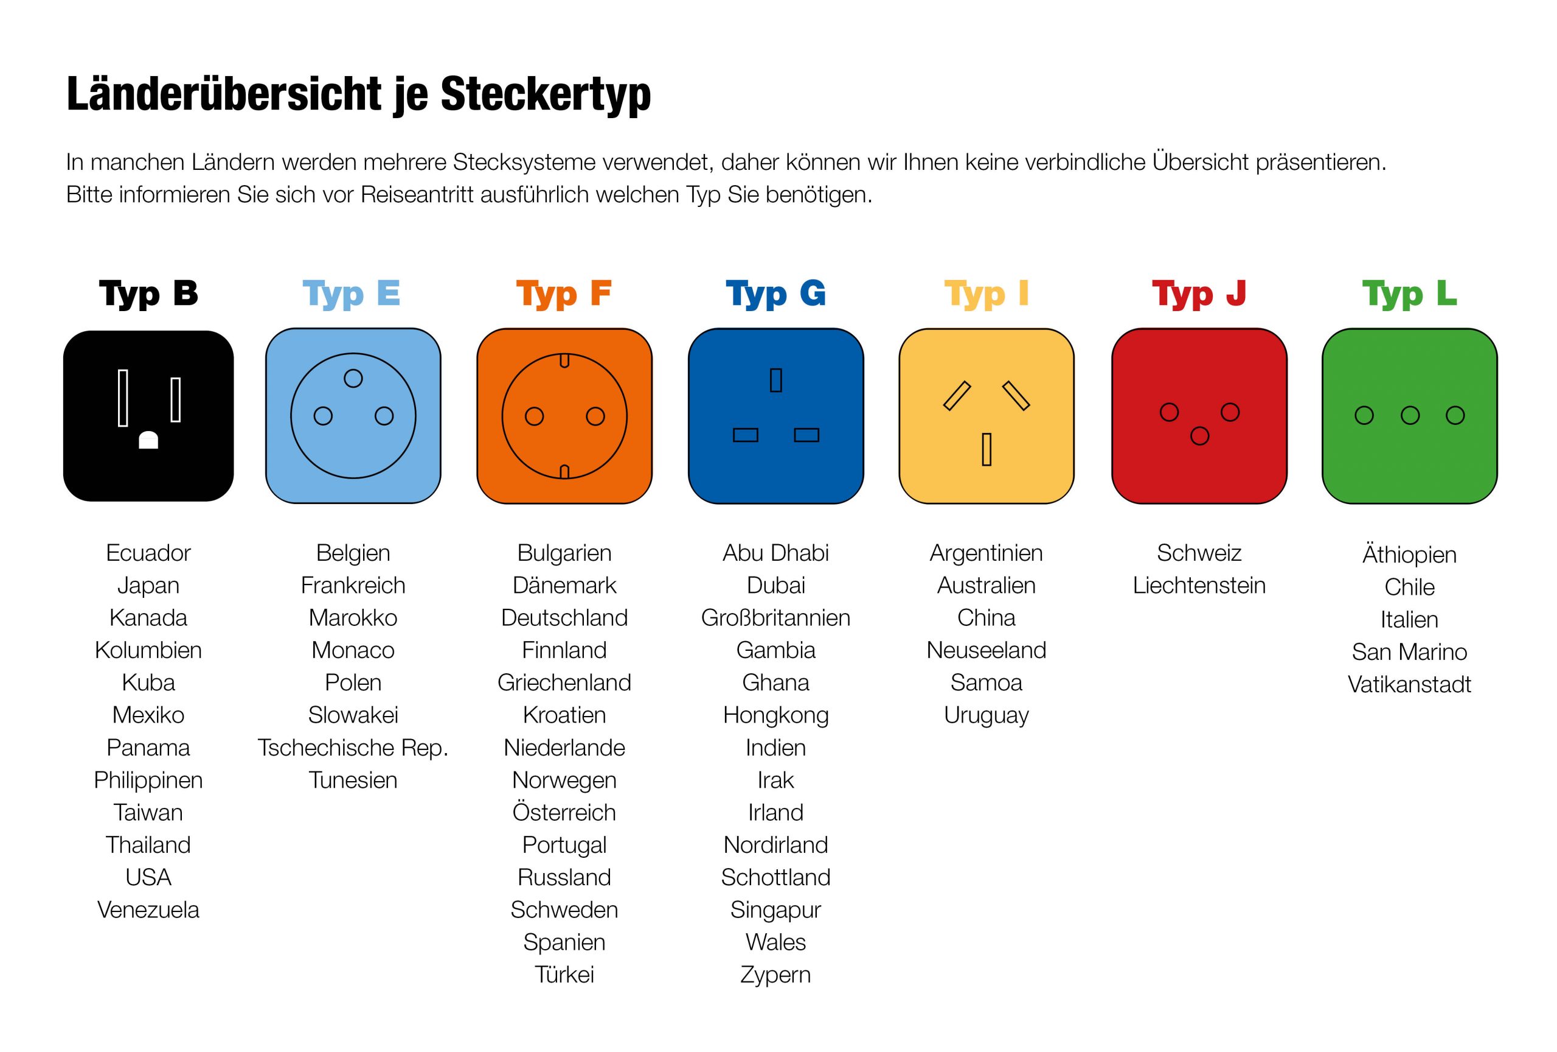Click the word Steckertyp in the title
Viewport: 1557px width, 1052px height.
click(x=545, y=94)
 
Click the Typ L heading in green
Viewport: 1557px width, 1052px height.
click(x=1409, y=293)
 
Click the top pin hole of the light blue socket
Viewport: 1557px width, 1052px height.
click(x=353, y=379)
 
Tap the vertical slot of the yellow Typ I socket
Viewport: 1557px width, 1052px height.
click(x=986, y=449)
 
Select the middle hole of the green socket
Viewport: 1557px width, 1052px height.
click(x=1410, y=416)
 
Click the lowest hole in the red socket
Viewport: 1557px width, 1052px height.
click(x=1199, y=437)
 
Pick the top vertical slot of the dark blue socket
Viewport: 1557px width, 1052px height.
click(x=776, y=380)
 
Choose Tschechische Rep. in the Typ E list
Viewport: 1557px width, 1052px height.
click(x=353, y=748)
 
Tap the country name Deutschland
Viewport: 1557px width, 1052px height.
click(x=564, y=617)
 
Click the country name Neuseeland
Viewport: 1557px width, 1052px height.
click(x=986, y=650)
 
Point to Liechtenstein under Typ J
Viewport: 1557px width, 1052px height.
click(x=1199, y=585)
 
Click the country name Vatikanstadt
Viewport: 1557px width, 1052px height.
click(x=1409, y=684)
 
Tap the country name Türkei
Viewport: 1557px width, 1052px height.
click(x=564, y=974)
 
